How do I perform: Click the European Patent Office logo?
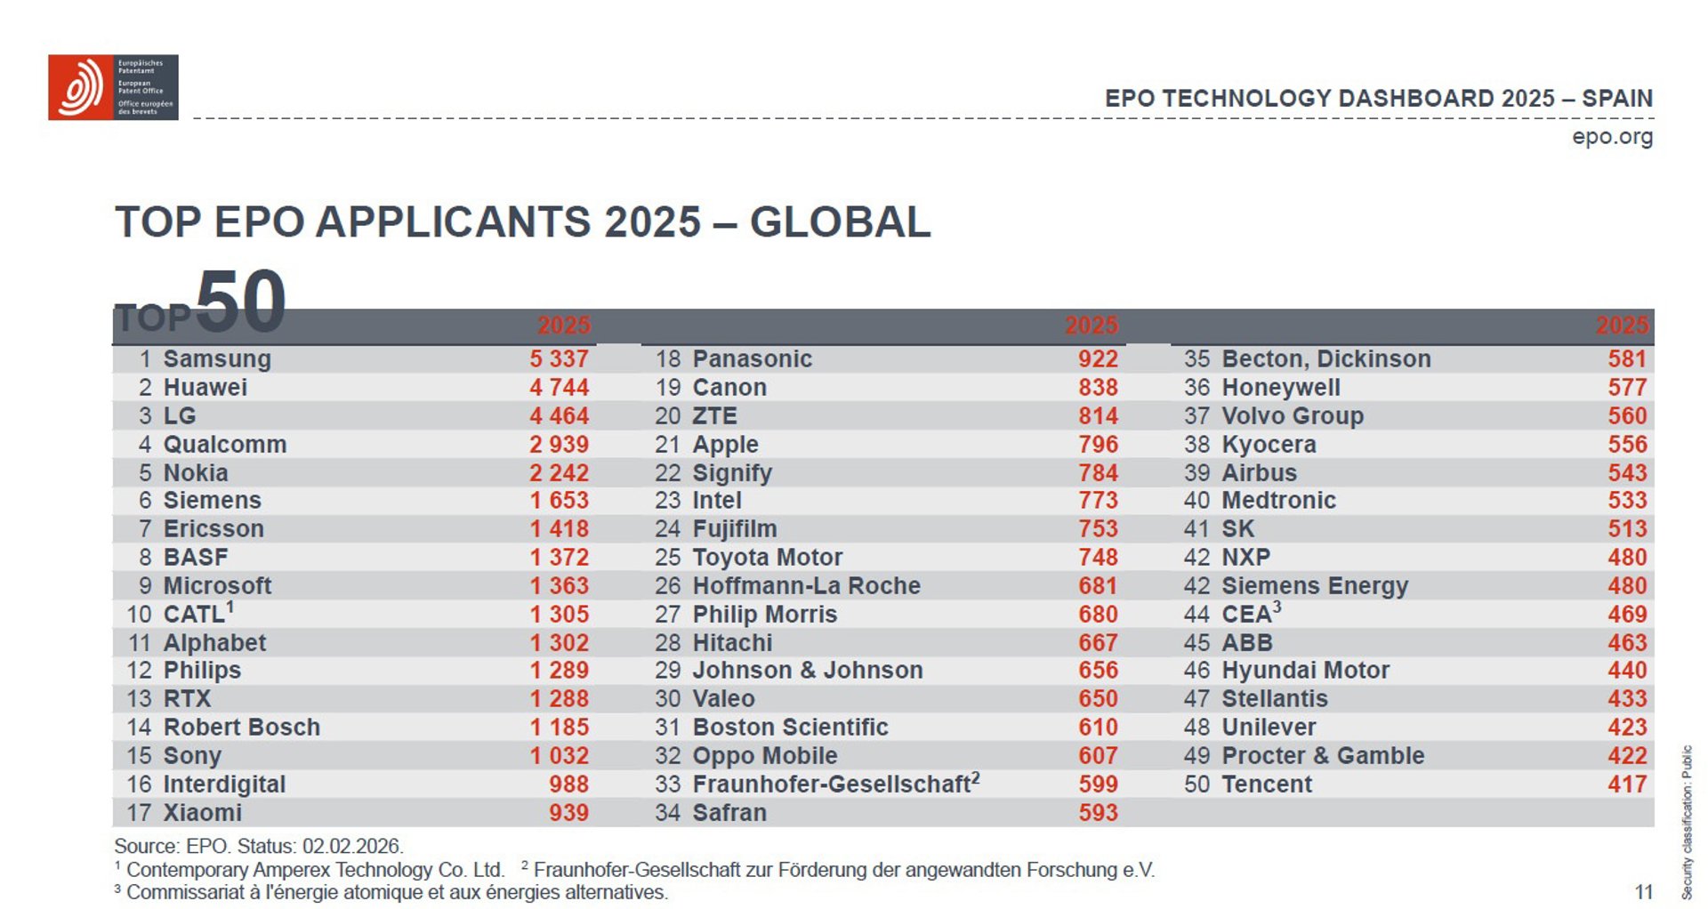click(113, 87)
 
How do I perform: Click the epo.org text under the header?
click(1612, 137)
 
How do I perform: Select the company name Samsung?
click(217, 359)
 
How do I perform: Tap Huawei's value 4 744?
click(559, 388)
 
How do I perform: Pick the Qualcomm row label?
click(224, 445)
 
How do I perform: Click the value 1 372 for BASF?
click(559, 558)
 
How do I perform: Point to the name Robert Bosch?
click(241, 728)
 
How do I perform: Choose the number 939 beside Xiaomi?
click(568, 813)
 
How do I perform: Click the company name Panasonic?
click(752, 359)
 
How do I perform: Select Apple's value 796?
click(1098, 445)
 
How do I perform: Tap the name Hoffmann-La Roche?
click(806, 586)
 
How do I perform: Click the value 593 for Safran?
click(1098, 813)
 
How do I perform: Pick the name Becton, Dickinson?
click(1325, 359)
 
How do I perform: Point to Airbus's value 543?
click(1627, 473)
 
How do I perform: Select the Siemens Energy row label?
click(1315, 586)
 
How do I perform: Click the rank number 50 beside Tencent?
click(1196, 784)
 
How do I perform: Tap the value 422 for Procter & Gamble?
click(1627, 756)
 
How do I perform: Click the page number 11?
click(1643, 892)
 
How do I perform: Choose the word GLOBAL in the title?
click(840, 222)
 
